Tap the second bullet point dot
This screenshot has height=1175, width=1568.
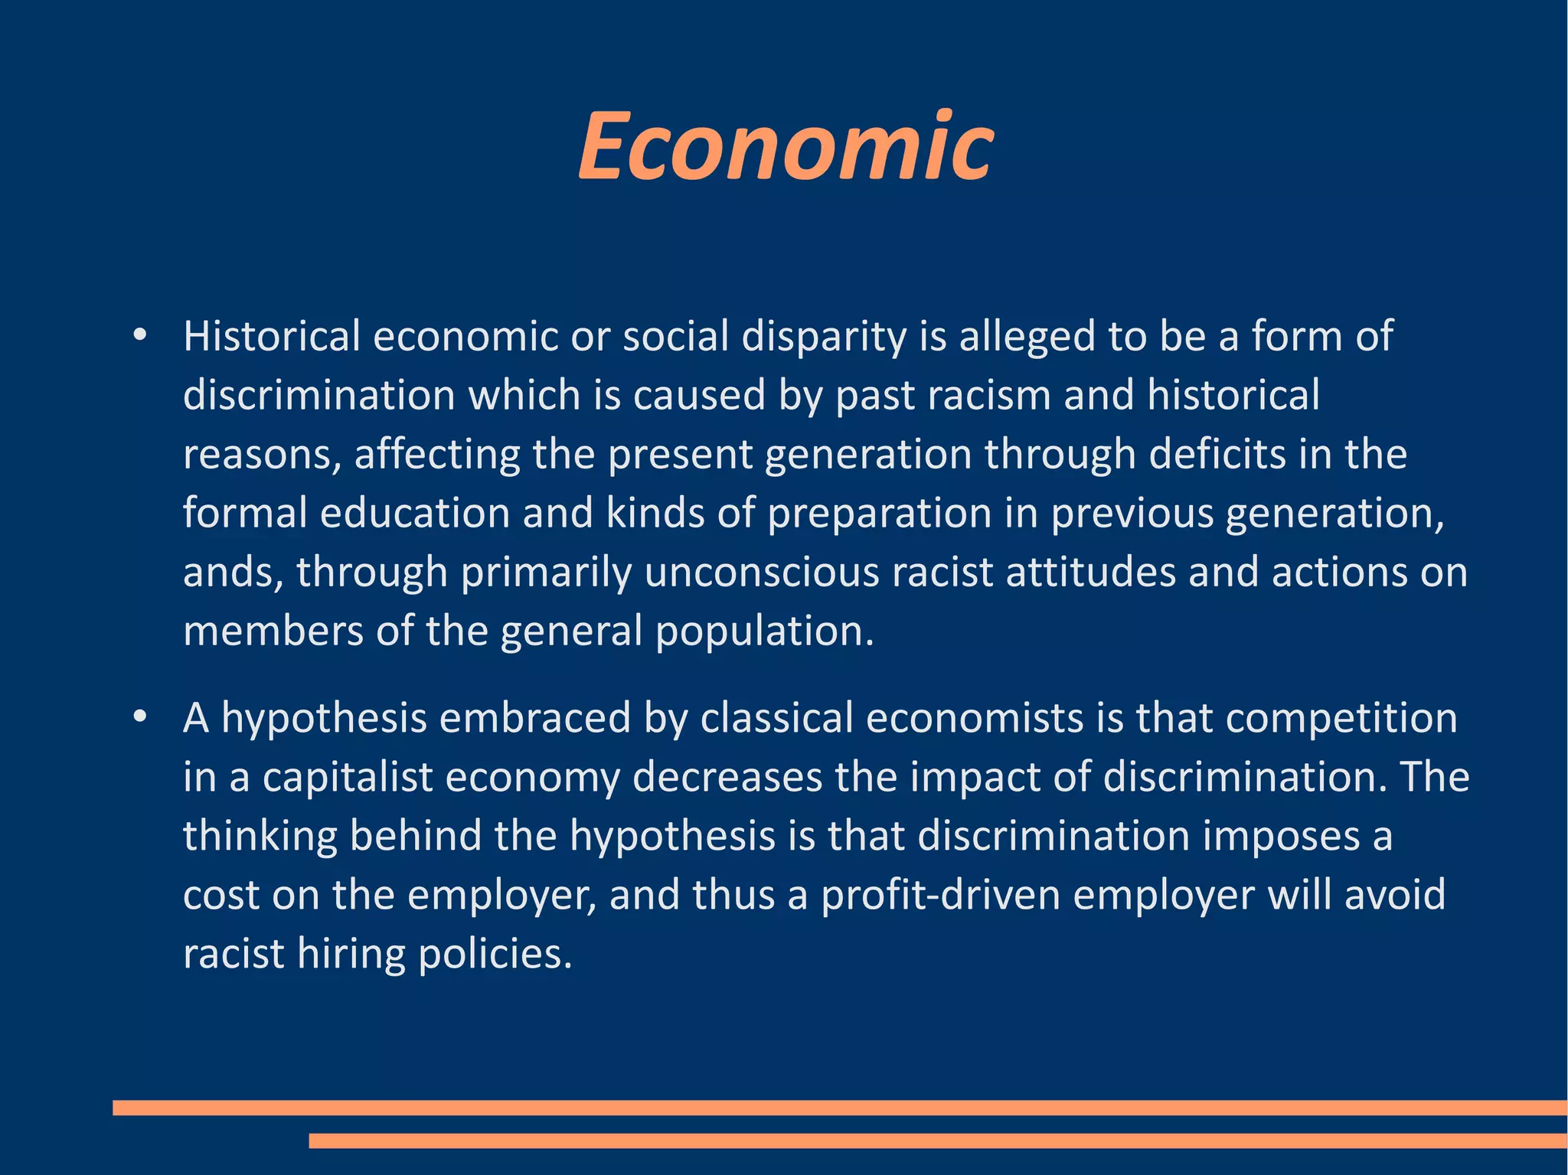tap(139, 717)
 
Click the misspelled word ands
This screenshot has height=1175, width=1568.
tap(229, 572)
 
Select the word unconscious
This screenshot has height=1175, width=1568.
tap(762, 572)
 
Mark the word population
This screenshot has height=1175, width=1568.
tap(763, 632)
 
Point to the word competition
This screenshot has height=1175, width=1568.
tap(1341, 719)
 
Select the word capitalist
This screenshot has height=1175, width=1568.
tap(348, 777)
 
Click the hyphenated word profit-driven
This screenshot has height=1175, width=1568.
tap(940, 895)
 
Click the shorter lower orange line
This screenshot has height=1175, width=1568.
tap(938, 1141)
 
